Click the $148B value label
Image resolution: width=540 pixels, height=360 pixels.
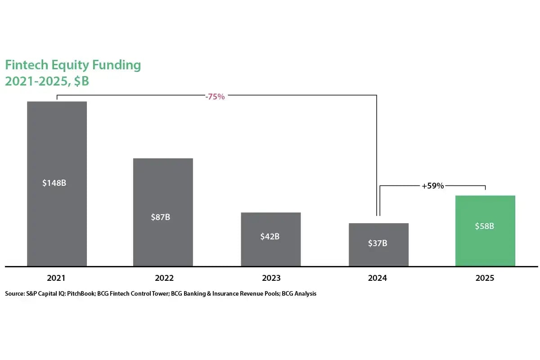point(57,183)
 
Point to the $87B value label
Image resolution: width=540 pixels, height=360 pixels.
point(161,217)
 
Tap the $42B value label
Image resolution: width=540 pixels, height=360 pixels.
point(270,236)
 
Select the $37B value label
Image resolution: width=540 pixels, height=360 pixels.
point(378,243)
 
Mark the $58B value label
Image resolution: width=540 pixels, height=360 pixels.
point(485,226)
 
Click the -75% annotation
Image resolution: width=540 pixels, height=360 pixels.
point(215,97)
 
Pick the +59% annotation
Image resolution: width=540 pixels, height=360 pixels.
point(432,186)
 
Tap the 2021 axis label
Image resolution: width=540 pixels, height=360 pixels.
point(56,278)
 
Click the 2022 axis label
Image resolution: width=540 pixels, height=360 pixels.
point(164,278)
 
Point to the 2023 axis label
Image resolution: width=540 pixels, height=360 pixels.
point(271,278)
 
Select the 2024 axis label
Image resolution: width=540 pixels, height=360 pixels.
point(377,278)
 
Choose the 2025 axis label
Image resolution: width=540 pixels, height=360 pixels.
point(485,278)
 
